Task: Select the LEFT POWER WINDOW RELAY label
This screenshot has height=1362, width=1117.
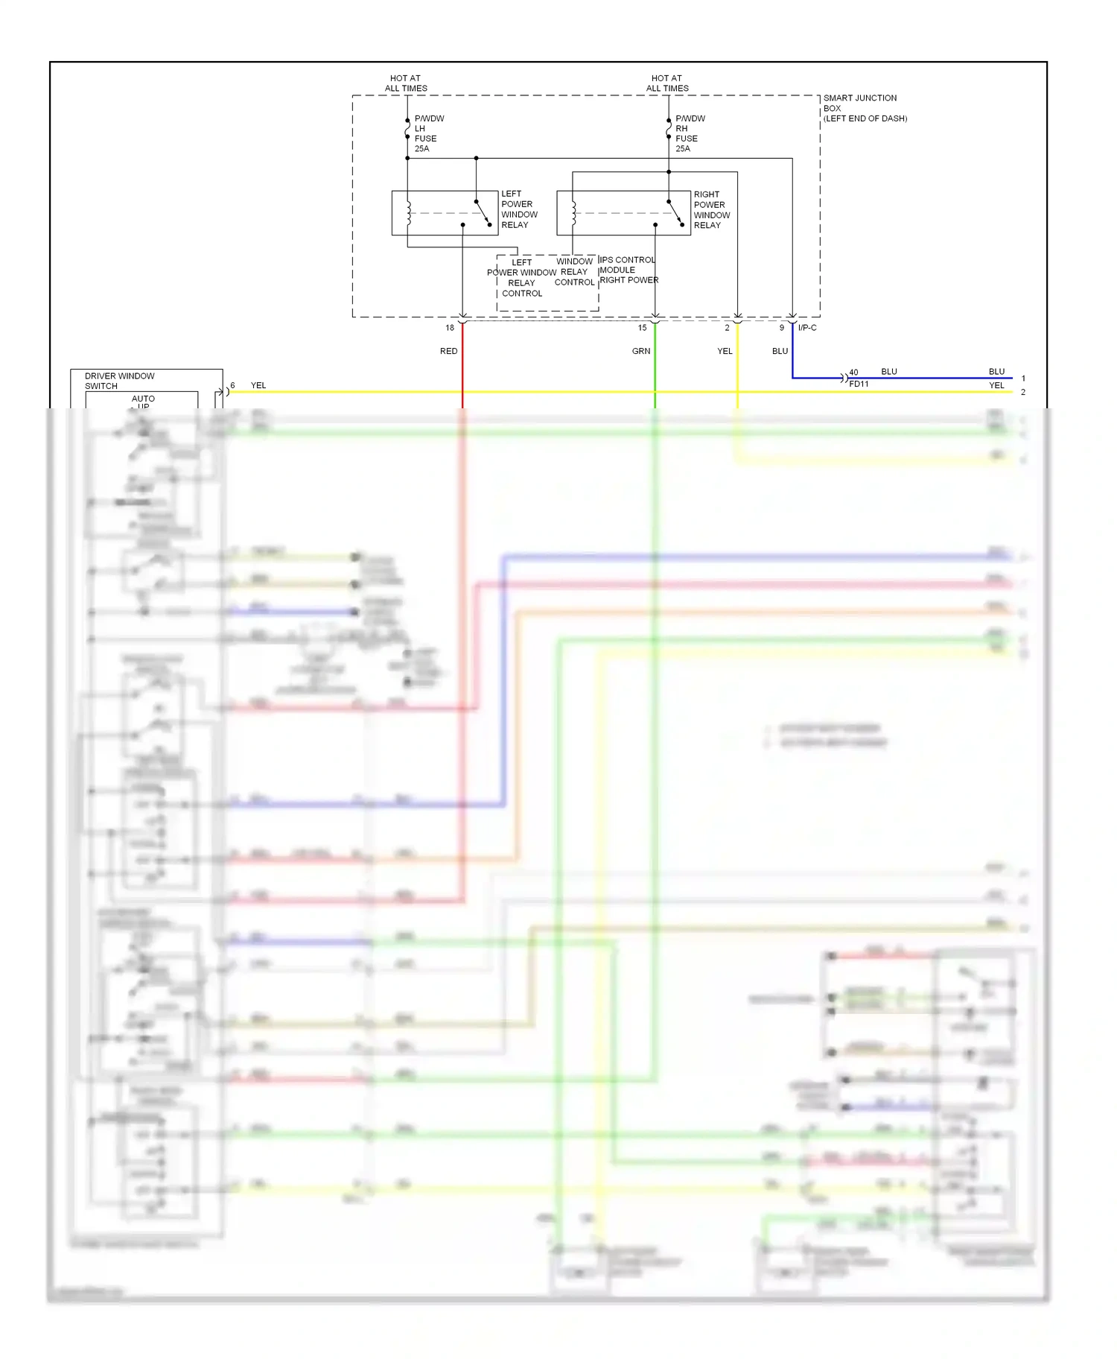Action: (x=518, y=209)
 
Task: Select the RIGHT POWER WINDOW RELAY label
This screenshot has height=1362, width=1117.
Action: (x=711, y=210)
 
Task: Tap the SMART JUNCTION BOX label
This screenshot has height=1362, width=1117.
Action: (x=864, y=108)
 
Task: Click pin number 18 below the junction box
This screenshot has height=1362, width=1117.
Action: (x=450, y=328)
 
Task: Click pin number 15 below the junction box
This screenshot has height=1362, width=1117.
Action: (x=642, y=328)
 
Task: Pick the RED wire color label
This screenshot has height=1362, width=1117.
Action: (x=448, y=351)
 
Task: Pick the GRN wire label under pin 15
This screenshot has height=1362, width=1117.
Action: (x=640, y=351)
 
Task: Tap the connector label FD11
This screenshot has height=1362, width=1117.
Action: (x=859, y=384)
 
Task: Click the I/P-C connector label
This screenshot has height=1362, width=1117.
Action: (x=807, y=328)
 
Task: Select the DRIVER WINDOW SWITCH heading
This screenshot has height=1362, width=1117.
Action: (x=119, y=381)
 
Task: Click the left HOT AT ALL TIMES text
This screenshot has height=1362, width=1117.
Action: (x=406, y=83)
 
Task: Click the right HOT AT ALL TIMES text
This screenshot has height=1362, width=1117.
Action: (x=667, y=83)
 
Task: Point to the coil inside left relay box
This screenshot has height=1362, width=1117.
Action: (x=408, y=213)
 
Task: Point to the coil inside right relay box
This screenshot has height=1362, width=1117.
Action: (x=573, y=213)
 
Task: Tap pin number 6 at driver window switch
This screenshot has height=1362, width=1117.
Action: (x=232, y=386)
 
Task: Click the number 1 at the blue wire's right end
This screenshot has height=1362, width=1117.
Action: (x=1023, y=378)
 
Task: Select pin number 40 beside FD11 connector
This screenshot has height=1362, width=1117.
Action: (x=853, y=373)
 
